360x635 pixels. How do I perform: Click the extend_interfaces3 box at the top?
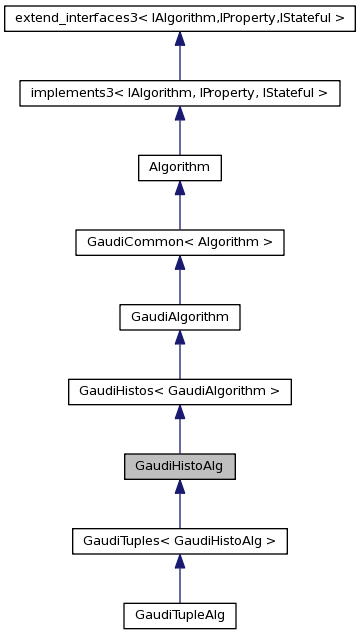179,18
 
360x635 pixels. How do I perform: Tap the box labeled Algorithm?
179,168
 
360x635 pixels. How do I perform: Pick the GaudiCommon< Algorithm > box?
179,242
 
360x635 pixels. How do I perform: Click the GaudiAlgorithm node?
179,317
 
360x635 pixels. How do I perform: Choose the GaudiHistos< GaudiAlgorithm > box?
179,392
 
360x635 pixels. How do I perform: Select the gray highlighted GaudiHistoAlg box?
179,466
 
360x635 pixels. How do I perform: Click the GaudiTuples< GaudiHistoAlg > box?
179,541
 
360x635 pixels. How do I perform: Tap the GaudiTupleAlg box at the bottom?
179,616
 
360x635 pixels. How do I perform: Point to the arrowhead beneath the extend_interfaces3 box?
179,39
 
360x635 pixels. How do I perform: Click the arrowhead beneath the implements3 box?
179,114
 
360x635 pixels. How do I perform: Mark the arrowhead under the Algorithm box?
179,189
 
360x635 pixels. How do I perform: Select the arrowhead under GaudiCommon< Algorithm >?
179,263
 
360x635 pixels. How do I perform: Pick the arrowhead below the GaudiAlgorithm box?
179,338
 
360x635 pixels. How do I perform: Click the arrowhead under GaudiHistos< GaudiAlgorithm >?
179,413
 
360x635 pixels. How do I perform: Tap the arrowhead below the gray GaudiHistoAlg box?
179,487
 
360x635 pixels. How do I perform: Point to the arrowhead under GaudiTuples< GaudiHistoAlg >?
179,562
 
